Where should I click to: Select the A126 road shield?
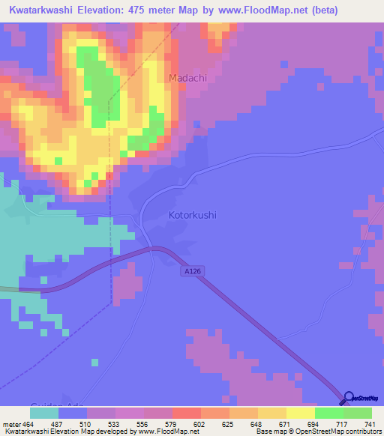point(192,271)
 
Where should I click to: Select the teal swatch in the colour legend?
point(44,413)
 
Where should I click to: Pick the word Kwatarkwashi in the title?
point(41,10)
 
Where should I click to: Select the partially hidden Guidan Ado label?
point(66,403)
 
